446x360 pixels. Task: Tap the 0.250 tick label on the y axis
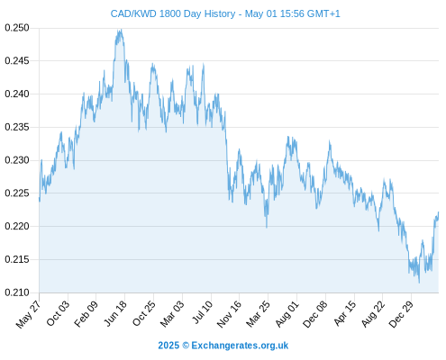click(17, 28)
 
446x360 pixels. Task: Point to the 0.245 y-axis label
click(17, 61)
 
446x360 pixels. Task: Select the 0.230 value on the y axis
click(17, 160)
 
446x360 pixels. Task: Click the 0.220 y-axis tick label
click(17, 226)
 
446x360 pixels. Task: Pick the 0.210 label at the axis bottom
click(17, 292)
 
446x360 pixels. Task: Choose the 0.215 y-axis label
click(17, 259)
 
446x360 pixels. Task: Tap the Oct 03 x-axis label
click(58, 314)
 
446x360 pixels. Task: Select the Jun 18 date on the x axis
click(115, 314)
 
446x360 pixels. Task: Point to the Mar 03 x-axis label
click(172, 314)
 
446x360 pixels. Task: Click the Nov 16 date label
click(229, 314)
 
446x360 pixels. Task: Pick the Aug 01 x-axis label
click(287, 314)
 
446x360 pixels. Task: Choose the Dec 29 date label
click(401, 314)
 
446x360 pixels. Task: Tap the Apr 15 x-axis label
click(345, 314)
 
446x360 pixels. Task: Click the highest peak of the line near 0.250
click(121, 30)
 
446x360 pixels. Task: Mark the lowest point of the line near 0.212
click(419, 283)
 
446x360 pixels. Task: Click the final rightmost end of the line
click(439, 212)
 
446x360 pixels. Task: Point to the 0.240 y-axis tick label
click(17, 94)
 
